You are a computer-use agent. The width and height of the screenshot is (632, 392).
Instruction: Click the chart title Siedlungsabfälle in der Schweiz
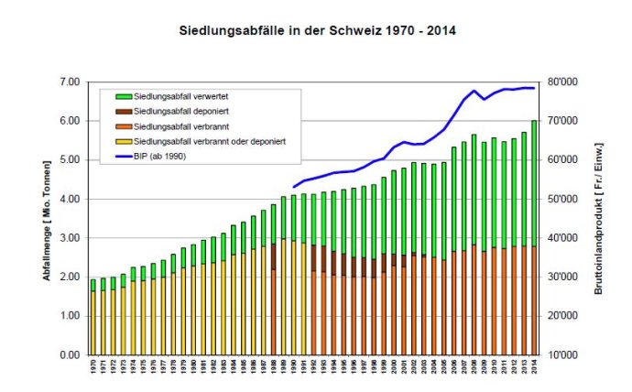[315, 30]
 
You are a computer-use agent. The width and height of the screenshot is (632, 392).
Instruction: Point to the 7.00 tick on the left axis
[70, 82]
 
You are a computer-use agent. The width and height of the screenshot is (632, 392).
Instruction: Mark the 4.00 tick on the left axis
[70, 199]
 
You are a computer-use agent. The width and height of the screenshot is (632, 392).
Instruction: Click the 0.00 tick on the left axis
[70, 354]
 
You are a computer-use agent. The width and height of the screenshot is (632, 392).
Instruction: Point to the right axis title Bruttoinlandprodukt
[598, 218]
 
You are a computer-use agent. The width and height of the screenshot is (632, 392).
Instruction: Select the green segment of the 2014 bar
[534, 183]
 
